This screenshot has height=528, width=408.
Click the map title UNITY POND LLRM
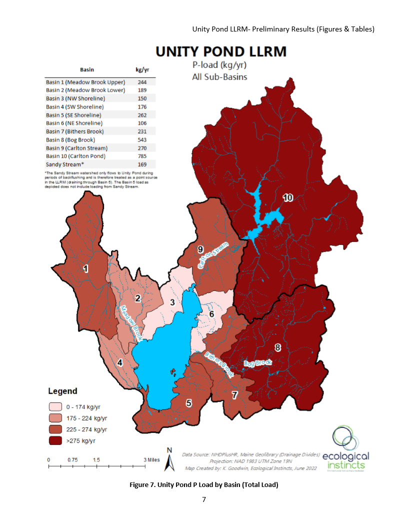click(221, 52)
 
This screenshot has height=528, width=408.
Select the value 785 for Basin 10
click(142, 156)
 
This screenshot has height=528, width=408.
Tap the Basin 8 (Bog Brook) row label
click(70, 139)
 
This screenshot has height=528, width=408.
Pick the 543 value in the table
click(142, 139)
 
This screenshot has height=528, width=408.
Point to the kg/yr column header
click(142, 70)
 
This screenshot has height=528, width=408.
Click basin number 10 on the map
click(287, 198)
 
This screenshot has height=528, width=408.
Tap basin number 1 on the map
click(85, 269)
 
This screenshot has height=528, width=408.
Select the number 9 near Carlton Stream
click(200, 249)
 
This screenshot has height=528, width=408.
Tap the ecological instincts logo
click(345, 449)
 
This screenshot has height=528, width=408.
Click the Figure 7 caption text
click(204, 484)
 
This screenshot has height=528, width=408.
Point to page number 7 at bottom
click(204, 499)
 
